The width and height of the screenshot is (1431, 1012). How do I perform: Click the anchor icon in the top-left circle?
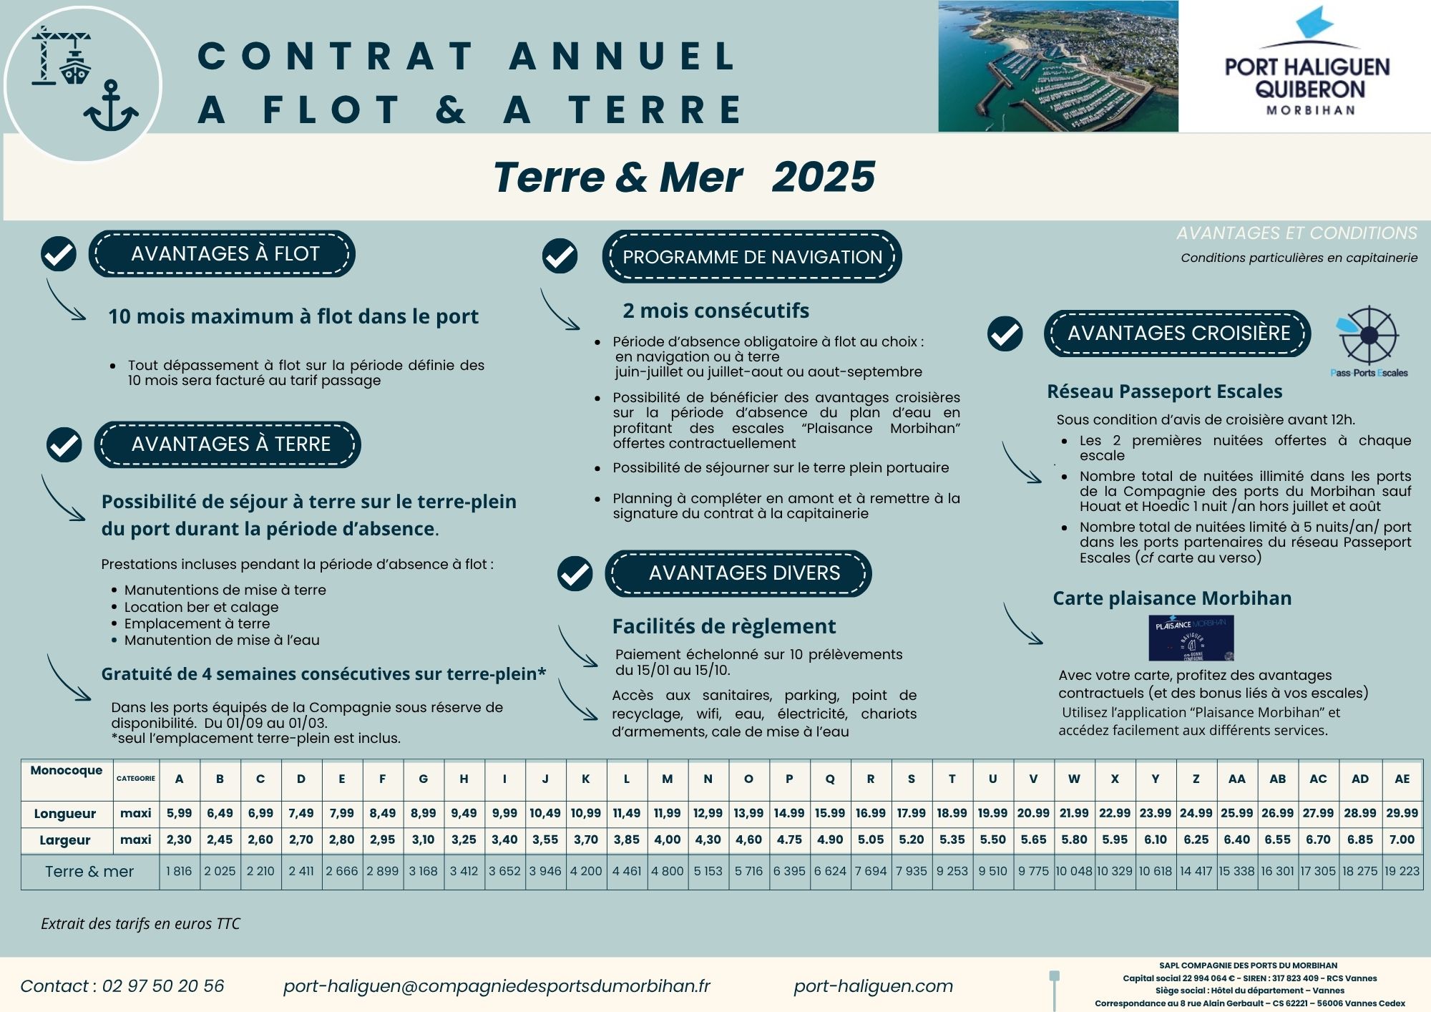point(111,107)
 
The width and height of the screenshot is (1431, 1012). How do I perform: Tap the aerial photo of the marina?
point(1058,66)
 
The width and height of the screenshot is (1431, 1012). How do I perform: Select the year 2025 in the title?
point(823,177)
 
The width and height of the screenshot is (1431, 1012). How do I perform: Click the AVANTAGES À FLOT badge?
point(222,254)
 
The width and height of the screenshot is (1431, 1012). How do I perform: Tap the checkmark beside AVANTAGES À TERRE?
point(64,444)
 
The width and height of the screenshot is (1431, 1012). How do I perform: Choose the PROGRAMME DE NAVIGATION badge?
point(752,257)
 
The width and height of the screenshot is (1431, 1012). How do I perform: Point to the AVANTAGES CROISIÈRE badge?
point(1178,334)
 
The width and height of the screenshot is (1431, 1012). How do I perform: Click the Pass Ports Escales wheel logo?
point(1368,336)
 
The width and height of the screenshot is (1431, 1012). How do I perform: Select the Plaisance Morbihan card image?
point(1191,637)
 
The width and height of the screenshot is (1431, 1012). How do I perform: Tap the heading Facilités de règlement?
point(723,626)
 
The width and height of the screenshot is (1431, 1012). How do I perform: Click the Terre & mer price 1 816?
point(179,871)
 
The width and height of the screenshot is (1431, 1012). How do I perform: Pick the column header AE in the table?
point(1402,779)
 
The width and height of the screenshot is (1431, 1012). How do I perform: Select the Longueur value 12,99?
point(708,813)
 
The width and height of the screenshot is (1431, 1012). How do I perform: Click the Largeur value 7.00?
point(1402,840)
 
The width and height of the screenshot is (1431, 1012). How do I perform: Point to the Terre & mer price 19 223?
point(1402,871)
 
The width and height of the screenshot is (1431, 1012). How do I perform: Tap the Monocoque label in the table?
point(67,770)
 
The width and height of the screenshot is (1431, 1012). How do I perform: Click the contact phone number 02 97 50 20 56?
point(162,986)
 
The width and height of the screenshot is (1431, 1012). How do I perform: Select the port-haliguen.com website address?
point(873,986)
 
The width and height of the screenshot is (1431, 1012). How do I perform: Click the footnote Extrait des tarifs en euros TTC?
point(140,923)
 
